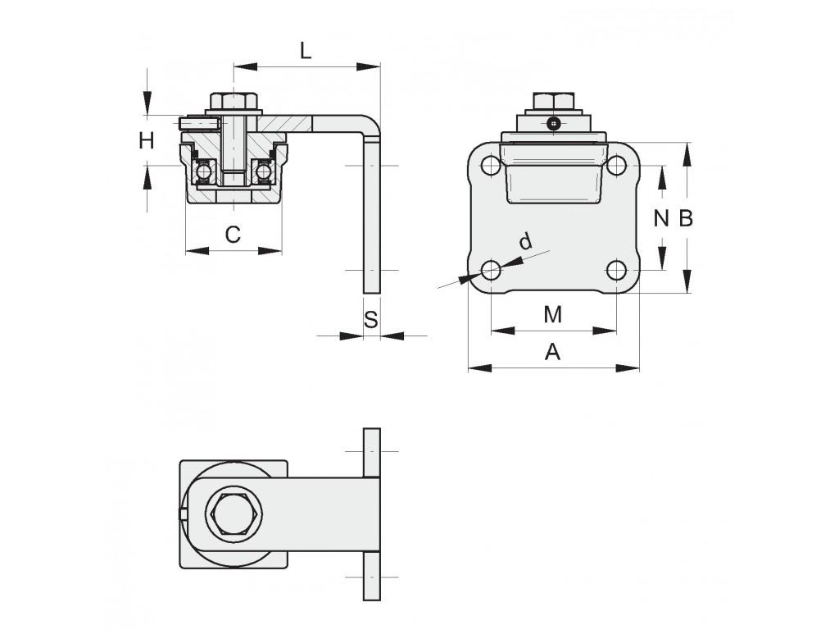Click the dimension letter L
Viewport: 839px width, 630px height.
[x=306, y=51]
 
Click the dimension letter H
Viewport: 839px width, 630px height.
[x=147, y=141]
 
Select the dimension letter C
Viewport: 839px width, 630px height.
[x=233, y=235]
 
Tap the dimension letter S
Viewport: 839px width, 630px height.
[x=371, y=320]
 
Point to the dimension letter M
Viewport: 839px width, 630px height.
[x=553, y=314]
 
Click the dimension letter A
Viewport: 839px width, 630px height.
[x=553, y=353]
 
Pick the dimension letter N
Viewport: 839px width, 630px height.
[x=662, y=218]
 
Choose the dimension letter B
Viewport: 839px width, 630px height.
[x=686, y=218]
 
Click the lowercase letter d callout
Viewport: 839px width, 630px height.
[x=527, y=241]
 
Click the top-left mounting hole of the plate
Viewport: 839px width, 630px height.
[x=491, y=166]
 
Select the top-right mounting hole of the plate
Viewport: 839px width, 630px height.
[x=616, y=166]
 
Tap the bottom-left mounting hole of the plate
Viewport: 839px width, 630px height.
[x=491, y=271]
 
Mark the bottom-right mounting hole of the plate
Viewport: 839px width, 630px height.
[x=616, y=271]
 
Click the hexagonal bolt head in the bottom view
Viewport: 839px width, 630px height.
[x=236, y=514]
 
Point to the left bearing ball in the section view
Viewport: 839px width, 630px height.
[x=204, y=172]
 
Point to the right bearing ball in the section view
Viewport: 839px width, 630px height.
[x=263, y=172]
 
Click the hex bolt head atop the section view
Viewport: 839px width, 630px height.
[x=234, y=101]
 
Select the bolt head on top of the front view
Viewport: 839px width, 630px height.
[x=554, y=100]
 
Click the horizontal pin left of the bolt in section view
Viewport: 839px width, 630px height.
[x=199, y=123]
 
